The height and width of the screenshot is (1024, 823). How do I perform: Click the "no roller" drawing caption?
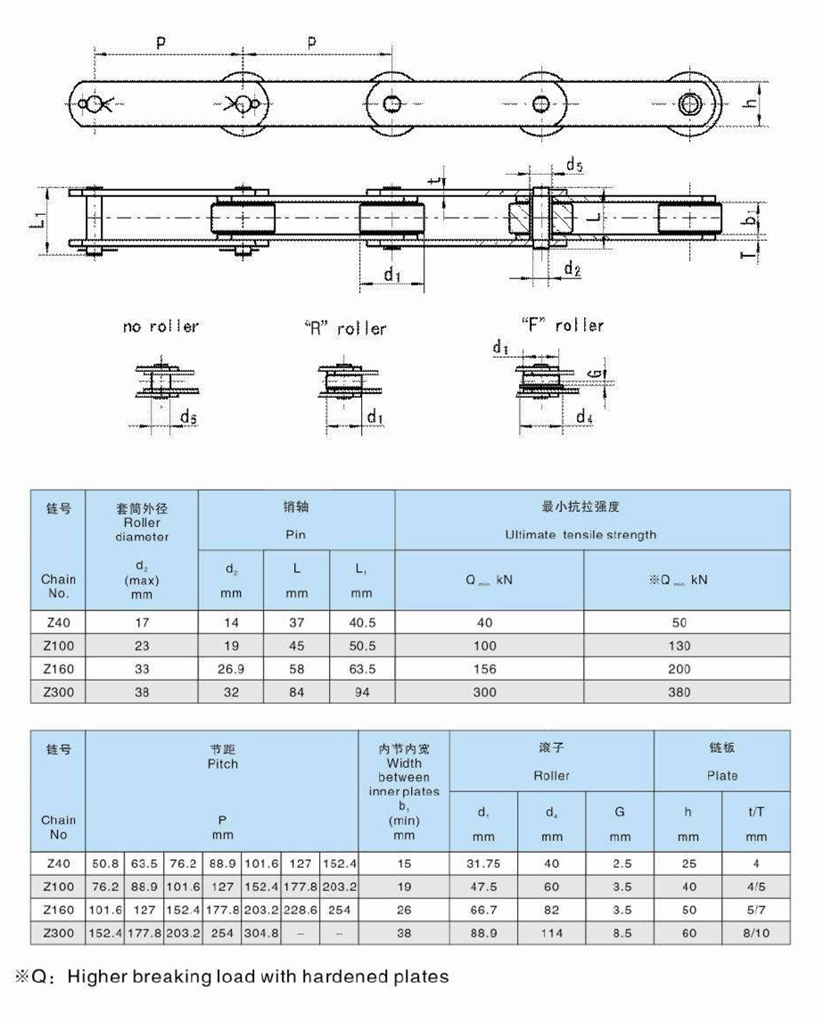[x=160, y=326]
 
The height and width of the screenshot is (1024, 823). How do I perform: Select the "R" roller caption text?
[x=345, y=328]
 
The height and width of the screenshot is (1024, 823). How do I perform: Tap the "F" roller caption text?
[x=561, y=325]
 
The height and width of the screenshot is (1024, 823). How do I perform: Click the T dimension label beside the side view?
[x=752, y=256]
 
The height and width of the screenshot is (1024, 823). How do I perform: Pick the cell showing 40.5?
[x=362, y=623]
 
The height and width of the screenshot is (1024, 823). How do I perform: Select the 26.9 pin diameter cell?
[x=231, y=669]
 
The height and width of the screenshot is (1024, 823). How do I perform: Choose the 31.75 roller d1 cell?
[x=483, y=863]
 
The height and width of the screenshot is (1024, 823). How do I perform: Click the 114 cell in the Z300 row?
[x=552, y=933]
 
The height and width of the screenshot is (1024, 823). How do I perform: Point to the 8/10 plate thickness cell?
[x=755, y=933]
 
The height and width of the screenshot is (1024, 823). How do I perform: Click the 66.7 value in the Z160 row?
[x=483, y=910]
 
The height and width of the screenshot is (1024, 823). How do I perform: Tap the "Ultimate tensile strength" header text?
[x=580, y=534]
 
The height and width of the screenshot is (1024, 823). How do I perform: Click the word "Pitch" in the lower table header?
[x=222, y=764]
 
